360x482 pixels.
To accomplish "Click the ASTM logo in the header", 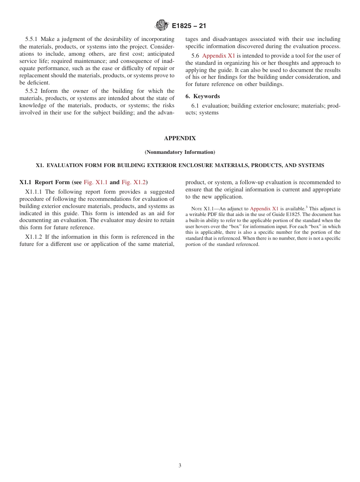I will pos(161,26).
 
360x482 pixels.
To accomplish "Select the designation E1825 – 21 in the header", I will pos(189,26).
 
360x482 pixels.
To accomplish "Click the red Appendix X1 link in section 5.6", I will pos(219,56).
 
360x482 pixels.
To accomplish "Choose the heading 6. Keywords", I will pos(202,96).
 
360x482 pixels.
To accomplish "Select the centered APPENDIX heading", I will pos(180,139).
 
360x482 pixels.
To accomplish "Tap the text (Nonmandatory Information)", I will pos(180,152).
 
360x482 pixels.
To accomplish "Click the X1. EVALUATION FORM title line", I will pos(180,166).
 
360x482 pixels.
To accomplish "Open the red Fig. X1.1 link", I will pos(95,182).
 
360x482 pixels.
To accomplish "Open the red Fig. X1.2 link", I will pos(134,182).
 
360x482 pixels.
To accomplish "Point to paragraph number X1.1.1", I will pos(34,192).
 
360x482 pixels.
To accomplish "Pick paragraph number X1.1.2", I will pos(34,237).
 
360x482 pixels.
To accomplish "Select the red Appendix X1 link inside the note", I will pos(264,209).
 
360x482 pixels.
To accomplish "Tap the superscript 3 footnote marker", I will pos(307,207).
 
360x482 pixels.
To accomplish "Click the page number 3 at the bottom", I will pos(180,466).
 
